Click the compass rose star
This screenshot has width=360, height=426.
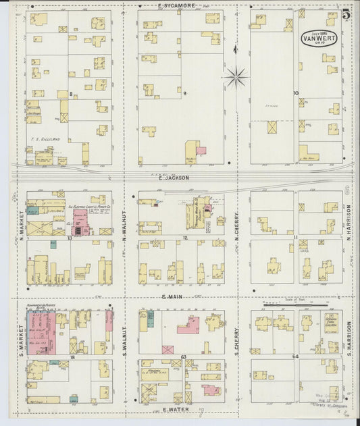pos(236,77)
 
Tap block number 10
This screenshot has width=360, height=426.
pos(296,93)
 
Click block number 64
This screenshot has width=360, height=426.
pos(295,355)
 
